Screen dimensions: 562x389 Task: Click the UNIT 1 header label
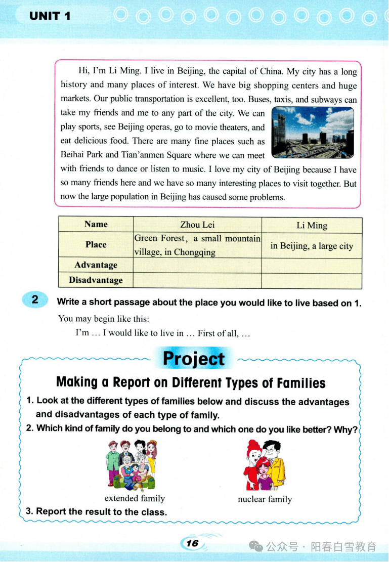click(50, 16)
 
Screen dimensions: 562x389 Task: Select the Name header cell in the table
click(96, 225)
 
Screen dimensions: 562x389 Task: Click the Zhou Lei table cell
click(197, 225)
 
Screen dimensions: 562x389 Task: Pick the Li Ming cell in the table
click(312, 226)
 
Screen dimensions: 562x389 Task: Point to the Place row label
click(96, 245)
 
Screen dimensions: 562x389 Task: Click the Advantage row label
click(96, 265)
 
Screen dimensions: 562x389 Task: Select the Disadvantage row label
click(96, 280)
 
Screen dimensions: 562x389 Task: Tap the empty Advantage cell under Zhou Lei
click(197, 265)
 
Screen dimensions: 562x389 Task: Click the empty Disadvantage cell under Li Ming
click(312, 281)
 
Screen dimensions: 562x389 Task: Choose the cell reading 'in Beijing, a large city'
click(312, 246)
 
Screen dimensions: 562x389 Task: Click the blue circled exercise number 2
click(35, 299)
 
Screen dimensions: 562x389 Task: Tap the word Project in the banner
click(194, 359)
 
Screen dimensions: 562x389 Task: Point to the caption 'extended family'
click(135, 498)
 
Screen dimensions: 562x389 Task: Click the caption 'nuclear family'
click(265, 499)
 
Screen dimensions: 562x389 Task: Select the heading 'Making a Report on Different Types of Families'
click(191, 382)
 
